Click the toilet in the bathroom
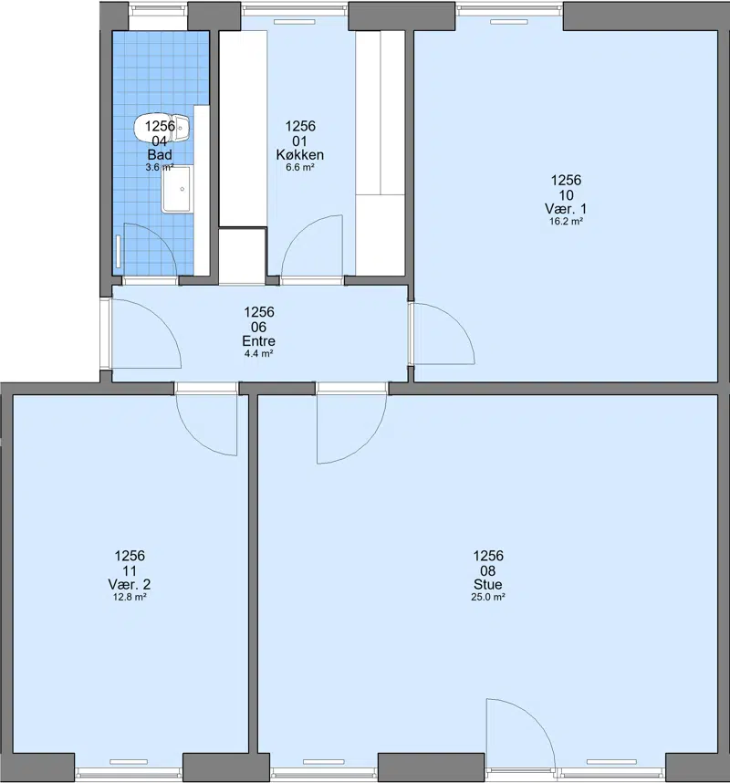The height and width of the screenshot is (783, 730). [x=162, y=130]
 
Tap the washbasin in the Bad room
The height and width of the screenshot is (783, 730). [x=177, y=190]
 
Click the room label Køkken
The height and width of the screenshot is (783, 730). [x=299, y=155]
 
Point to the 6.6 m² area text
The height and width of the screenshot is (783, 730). [x=299, y=168]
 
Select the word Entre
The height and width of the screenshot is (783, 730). [x=258, y=341]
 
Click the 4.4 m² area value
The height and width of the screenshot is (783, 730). [x=258, y=354]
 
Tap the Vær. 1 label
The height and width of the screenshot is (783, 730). [x=566, y=209]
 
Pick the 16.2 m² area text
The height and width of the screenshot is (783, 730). [x=567, y=222]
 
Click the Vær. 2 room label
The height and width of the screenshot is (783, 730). [x=130, y=584]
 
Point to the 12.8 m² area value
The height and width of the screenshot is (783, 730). [x=130, y=597]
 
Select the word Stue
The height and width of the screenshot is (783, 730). [x=488, y=584]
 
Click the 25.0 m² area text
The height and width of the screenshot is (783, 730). [x=488, y=597]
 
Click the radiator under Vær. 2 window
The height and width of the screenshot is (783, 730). [x=129, y=762]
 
